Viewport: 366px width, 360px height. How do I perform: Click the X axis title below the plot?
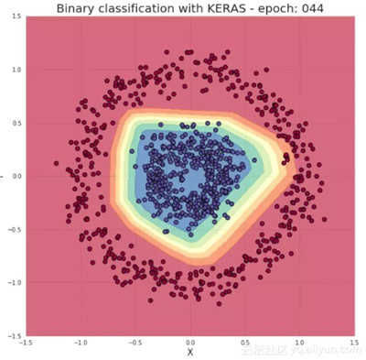[x=190, y=352]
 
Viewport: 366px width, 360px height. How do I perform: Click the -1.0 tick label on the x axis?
[x=81, y=342]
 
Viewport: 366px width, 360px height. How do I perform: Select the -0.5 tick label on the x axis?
[x=136, y=342]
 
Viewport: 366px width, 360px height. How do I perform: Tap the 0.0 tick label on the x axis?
[x=191, y=342]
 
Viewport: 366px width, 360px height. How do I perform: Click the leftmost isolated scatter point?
[x=56, y=164]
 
